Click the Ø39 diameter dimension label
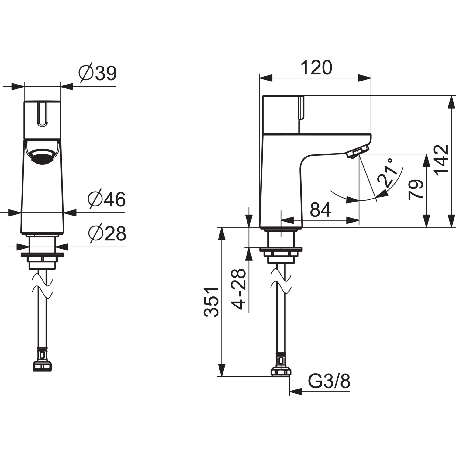(98, 73)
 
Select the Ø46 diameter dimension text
(106, 200)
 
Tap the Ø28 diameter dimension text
(107, 234)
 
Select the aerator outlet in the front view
(42, 156)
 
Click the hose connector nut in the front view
(42, 366)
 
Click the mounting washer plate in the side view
(281, 250)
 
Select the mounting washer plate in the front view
(42, 255)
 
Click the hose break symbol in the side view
(281, 281)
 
